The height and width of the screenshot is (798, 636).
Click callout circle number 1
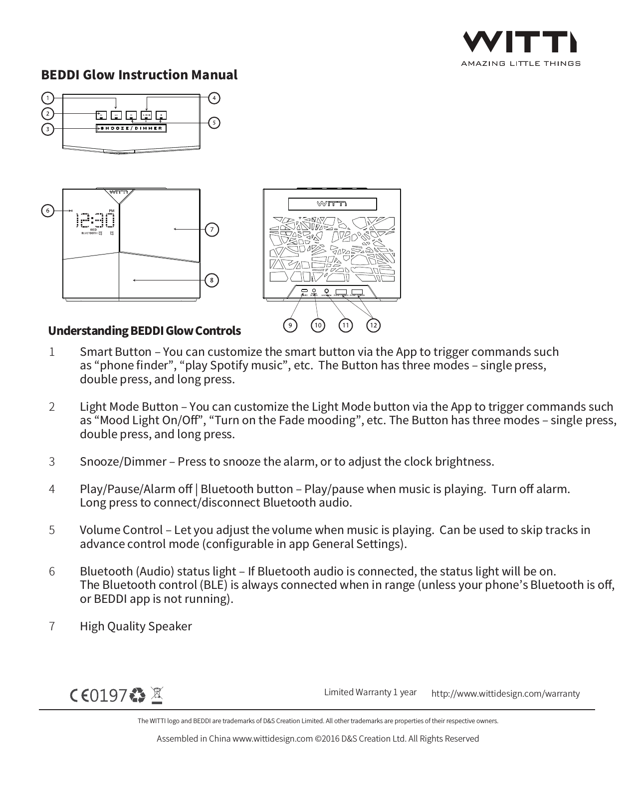coord(47,98)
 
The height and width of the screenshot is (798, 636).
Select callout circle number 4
coord(214,98)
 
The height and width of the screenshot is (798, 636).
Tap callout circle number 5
coord(213,122)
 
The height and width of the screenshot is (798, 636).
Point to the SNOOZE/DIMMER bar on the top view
coord(131,128)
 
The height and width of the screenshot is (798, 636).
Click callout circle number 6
coord(47,211)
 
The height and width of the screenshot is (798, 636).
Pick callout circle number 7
coord(212,230)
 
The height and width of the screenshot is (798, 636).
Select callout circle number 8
coord(212,280)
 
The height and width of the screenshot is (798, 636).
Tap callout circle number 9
coord(290,325)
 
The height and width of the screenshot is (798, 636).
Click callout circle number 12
coord(373,325)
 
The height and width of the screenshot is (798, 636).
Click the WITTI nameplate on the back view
coord(332,204)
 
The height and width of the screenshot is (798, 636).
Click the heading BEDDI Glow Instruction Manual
coord(139,75)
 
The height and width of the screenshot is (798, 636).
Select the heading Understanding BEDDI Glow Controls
coord(144,331)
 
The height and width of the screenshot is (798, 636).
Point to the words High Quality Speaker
coord(136,626)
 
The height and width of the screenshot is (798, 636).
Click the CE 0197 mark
coord(99,695)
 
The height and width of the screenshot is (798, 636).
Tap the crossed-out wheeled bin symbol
coord(157,695)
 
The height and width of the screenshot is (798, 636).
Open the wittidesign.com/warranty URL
coord(505,693)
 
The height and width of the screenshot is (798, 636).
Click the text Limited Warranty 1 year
coord(370,692)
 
